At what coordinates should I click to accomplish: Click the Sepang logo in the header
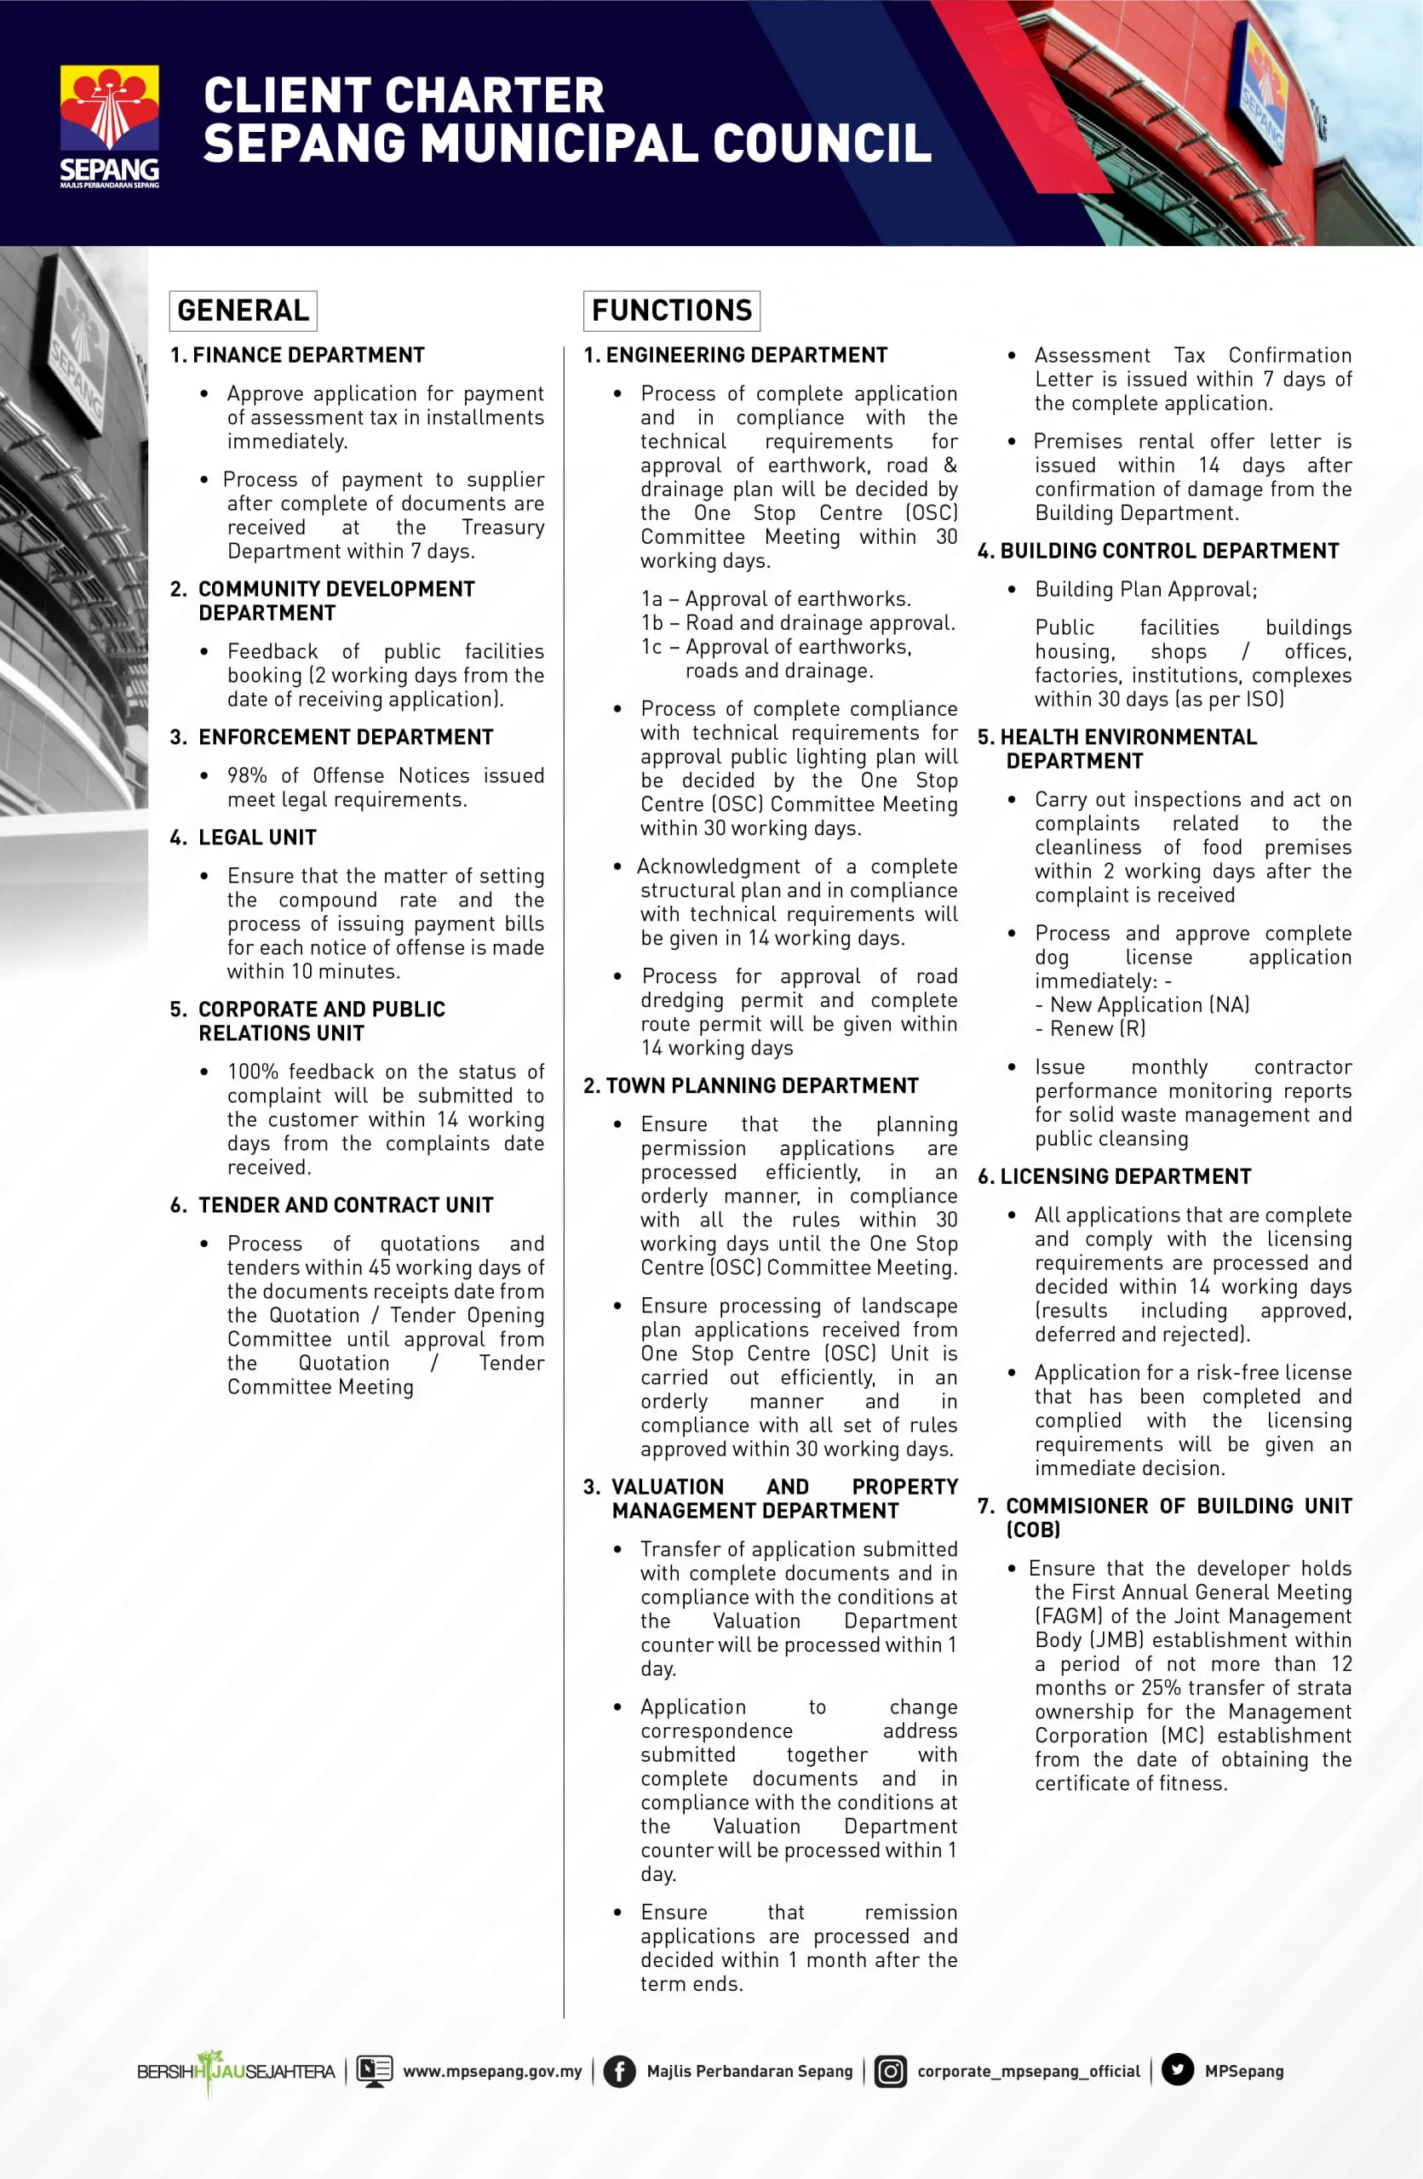point(109,125)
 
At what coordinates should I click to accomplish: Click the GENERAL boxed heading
point(243,311)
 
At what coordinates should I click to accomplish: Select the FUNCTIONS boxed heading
point(671,311)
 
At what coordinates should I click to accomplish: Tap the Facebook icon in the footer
point(619,2071)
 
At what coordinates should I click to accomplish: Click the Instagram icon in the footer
point(889,2071)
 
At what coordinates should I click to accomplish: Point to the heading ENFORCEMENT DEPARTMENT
point(345,737)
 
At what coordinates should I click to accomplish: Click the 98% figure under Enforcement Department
point(247,775)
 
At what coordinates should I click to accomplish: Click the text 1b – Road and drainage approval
point(798,622)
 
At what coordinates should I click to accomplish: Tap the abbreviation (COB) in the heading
point(1033,1530)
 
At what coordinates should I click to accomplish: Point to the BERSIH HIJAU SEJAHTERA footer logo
point(235,2071)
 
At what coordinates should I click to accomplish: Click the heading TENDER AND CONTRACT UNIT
point(345,1205)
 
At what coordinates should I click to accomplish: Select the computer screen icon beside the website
point(374,2071)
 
